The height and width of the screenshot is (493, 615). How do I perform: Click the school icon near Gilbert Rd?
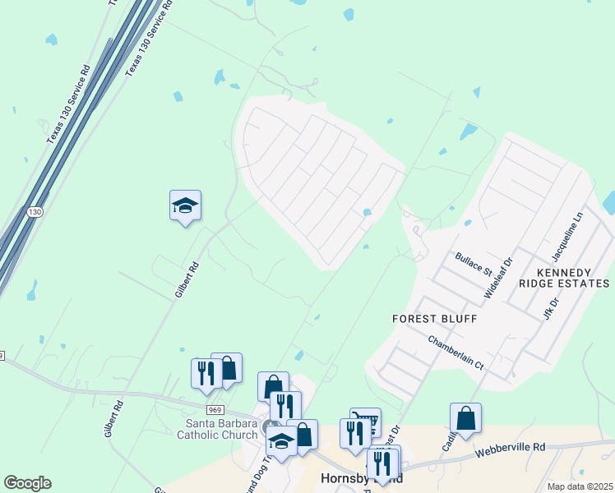coord(185,206)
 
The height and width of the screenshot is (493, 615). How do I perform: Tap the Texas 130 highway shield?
coord(34,212)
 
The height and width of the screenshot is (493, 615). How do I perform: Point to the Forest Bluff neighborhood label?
coord(434,318)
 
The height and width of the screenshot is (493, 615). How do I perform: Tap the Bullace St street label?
coord(473,264)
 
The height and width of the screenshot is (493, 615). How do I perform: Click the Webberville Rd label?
coord(511,451)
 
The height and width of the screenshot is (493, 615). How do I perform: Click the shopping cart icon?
coord(366,421)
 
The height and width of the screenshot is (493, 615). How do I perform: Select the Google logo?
coord(27,483)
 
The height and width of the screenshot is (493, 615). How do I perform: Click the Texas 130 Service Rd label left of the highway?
coord(67,106)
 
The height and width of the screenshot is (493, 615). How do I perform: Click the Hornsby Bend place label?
coord(359,479)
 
